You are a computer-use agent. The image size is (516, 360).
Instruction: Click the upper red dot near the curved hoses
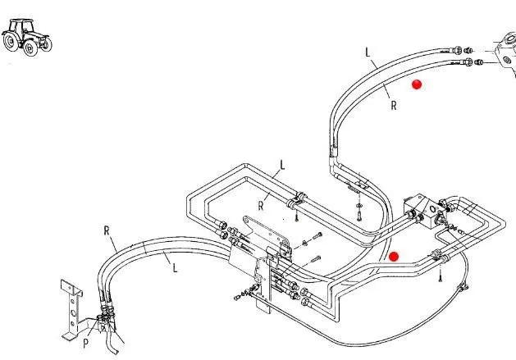pyautogui.click(x=417, y=84)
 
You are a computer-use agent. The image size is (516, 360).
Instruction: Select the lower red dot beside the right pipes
pyautogui.click(x=394, y=257)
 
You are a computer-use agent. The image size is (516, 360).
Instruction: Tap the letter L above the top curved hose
pyautogui.click(x=368, y=52)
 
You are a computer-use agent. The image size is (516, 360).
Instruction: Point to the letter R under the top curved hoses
pyautogui.click(x=394, y=104)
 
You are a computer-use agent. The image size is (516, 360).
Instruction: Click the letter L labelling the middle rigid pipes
pyautogui.click(x=281, y=164)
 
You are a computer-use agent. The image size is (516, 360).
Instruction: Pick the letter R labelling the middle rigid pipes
pyautogui.click(x=261, y=205)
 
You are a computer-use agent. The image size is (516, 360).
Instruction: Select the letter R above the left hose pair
pyautogui.click(x=107, y=230)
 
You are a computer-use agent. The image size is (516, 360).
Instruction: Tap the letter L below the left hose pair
pyautogui.click(x=173, y=264)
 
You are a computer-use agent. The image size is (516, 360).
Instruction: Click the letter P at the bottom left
pyautogui.click(x=85, y=343)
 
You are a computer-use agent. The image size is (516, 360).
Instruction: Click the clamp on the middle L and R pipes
pyautogui.click(x=298, y=198)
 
